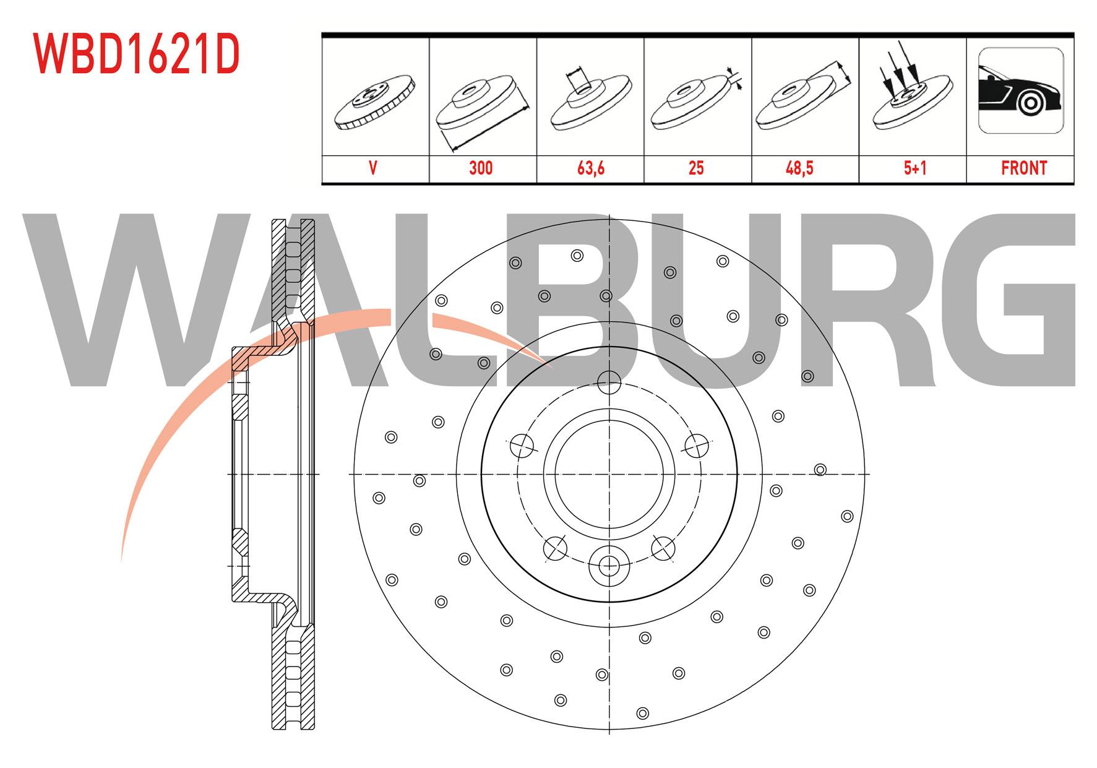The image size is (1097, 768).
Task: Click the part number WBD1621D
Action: tap(136, 54)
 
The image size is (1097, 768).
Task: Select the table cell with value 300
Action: tap(481, 168)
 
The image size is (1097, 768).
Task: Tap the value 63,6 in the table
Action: tap(590, 168)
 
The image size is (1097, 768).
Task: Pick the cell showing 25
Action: tap(697, 168)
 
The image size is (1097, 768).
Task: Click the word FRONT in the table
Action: tap(1024, 168)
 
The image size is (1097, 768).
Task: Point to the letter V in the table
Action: tap(373, 168)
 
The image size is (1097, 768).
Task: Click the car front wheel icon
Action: tap(1021, 90)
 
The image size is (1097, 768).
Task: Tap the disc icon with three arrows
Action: tap(912, 87)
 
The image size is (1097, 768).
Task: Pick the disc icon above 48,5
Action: tap(802, 99)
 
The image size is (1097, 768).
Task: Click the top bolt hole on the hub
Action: tap(610, 381)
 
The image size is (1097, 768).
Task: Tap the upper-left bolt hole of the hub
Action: tap(521, 444)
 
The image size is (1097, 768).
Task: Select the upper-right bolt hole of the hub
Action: tap(697, 444)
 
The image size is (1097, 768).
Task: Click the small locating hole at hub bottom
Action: tap(609, 564)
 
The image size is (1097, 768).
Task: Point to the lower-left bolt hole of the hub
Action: tap(555, 548)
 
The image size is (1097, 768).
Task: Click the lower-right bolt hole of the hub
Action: tap(663, 547)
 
